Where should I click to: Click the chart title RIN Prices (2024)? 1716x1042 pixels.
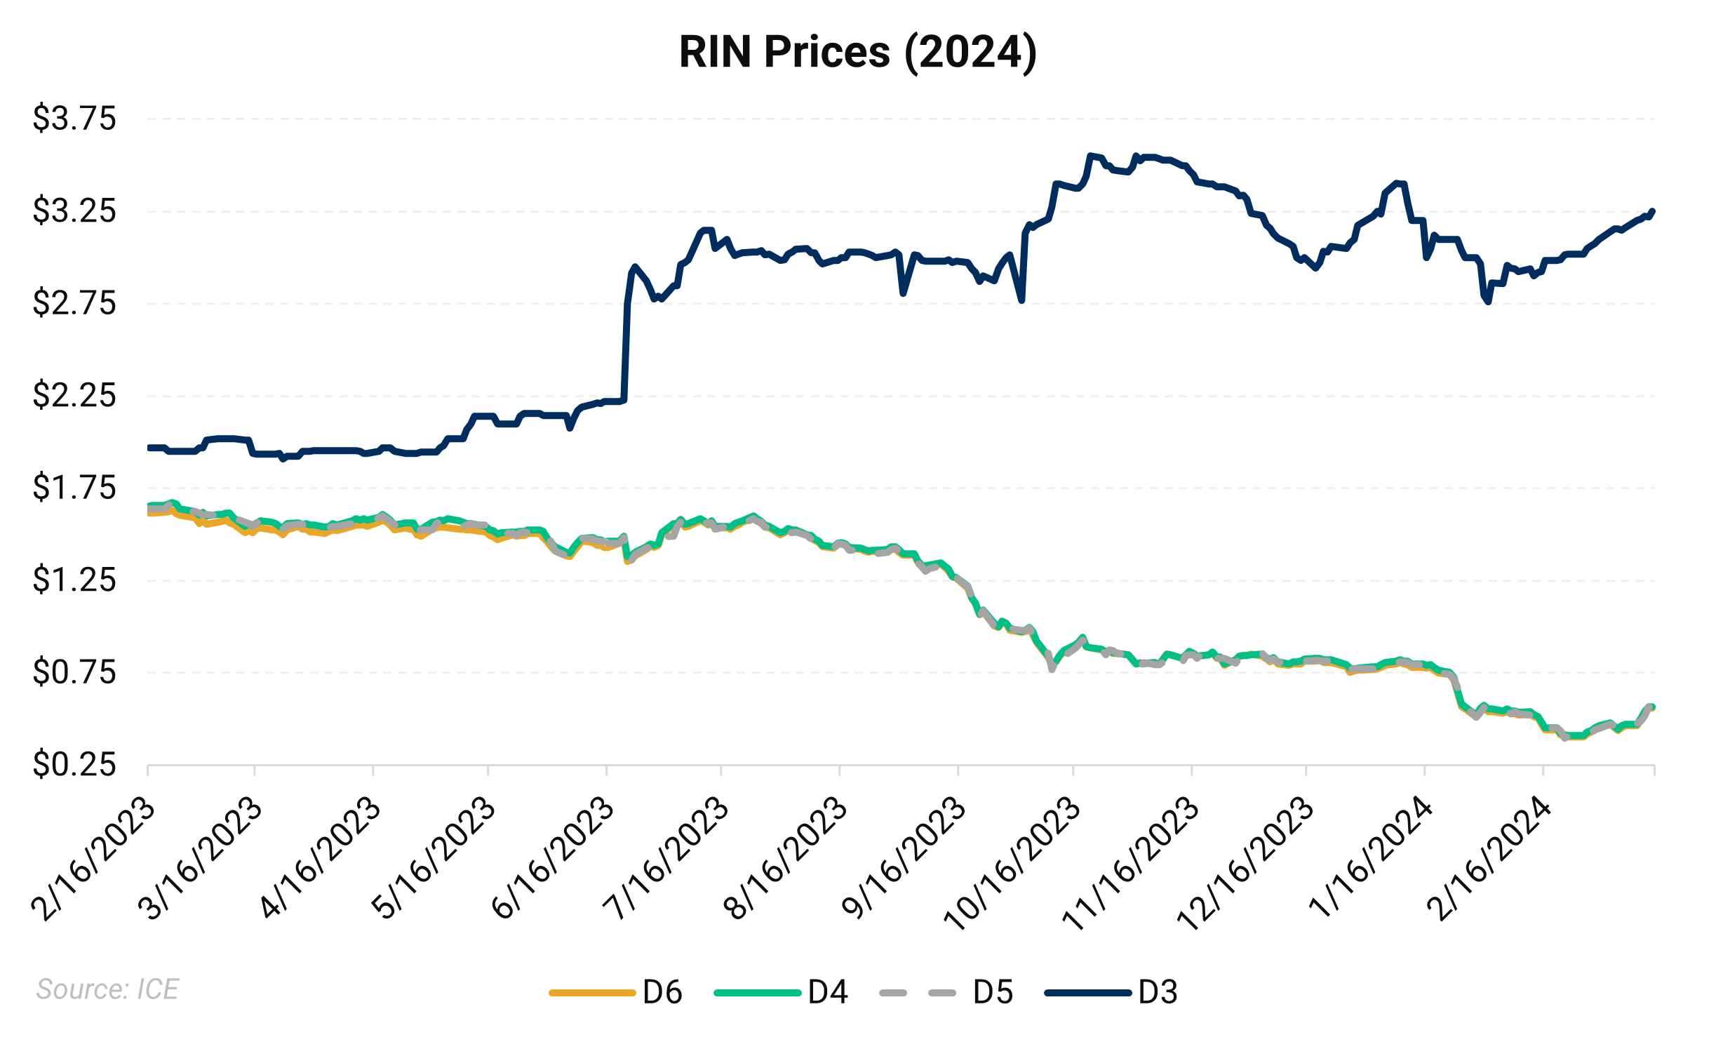tap(857, 52)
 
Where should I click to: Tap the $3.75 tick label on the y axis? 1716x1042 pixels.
tap(74, 118)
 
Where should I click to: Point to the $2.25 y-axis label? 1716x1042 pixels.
tap(74, 395)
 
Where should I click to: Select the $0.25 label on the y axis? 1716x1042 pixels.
tap(74, 764)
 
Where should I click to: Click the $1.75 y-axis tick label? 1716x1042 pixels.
tap(74, 487)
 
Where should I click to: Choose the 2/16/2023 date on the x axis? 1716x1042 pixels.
tap(93, 859)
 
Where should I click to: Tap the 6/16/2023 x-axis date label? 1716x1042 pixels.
tap(552, 857)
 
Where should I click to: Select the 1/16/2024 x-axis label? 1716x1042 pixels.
tap(1369, 857)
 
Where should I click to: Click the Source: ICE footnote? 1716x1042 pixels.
tap(107, 989)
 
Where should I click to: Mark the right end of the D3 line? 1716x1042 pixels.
tap(1653, 211)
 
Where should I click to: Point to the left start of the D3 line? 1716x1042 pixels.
tap(149, 448)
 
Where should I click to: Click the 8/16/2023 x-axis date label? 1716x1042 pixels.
tap(785, 857)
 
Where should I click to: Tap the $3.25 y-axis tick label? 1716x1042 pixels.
tap(74, 211)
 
